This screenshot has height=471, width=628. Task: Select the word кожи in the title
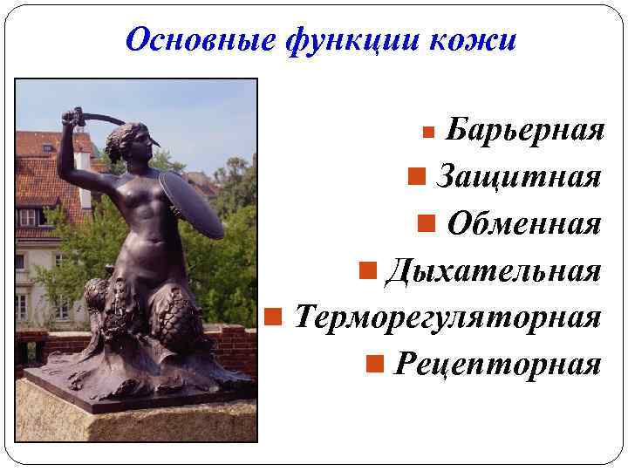pos(480,40)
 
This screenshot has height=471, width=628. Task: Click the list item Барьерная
pos(524,131)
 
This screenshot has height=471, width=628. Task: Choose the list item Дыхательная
pos(493,270)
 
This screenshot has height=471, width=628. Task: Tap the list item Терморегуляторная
pos(447,316)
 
